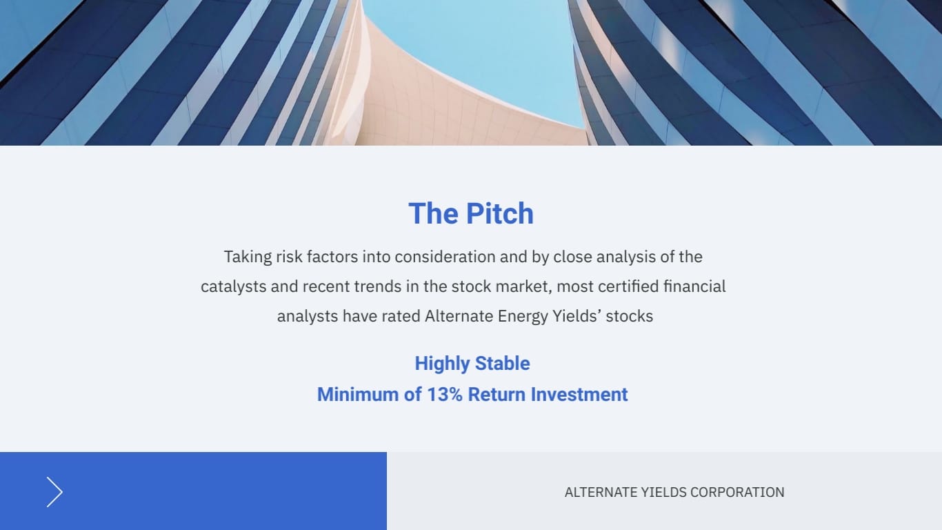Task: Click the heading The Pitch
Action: (x=471, y=214)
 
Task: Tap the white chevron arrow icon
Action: (x=54, y=492)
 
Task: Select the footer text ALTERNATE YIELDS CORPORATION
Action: (x=674, y=492)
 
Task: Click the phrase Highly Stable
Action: (x=472, y=364)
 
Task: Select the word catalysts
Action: (x=233, y=286)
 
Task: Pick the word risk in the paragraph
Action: (x=289, y=257)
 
